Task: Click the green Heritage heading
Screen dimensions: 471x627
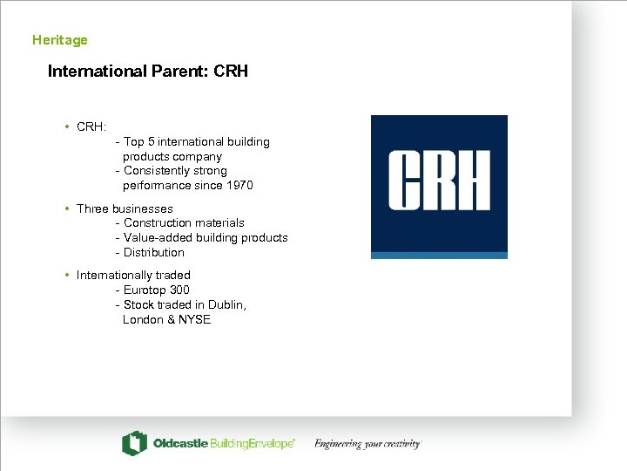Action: (59, 40)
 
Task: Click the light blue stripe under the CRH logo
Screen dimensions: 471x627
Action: (439, 255)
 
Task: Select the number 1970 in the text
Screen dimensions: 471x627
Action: (239, 186)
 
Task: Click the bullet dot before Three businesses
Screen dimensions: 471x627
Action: (67, 208)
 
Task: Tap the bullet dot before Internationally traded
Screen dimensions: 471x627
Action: (67, 275)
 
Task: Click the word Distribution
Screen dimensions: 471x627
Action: (154, 253)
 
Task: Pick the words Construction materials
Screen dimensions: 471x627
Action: (184, 223)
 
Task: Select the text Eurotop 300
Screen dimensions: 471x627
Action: (156, 290)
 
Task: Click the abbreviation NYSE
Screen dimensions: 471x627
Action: (194, 320)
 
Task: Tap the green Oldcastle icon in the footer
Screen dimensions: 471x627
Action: (133, 443)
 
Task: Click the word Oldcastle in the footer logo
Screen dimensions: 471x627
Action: (180, 444)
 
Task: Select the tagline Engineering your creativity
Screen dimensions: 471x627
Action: (367, 444)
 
